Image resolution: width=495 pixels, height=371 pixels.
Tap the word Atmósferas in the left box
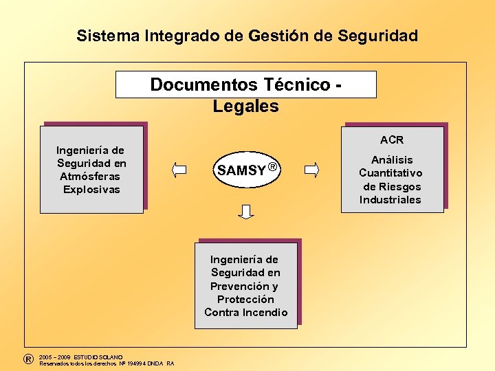(90, 176)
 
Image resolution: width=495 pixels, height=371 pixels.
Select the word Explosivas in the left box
(91, 189)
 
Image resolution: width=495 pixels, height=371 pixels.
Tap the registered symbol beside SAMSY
(273, 167)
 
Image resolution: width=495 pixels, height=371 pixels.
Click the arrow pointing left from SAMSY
(180, 169)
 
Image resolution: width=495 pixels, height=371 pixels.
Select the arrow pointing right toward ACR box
(311, 169)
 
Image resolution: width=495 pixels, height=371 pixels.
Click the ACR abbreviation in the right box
(392, 140)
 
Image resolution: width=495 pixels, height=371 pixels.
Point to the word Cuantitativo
(390, 173)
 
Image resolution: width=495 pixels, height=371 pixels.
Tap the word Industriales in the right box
(390, 200)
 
